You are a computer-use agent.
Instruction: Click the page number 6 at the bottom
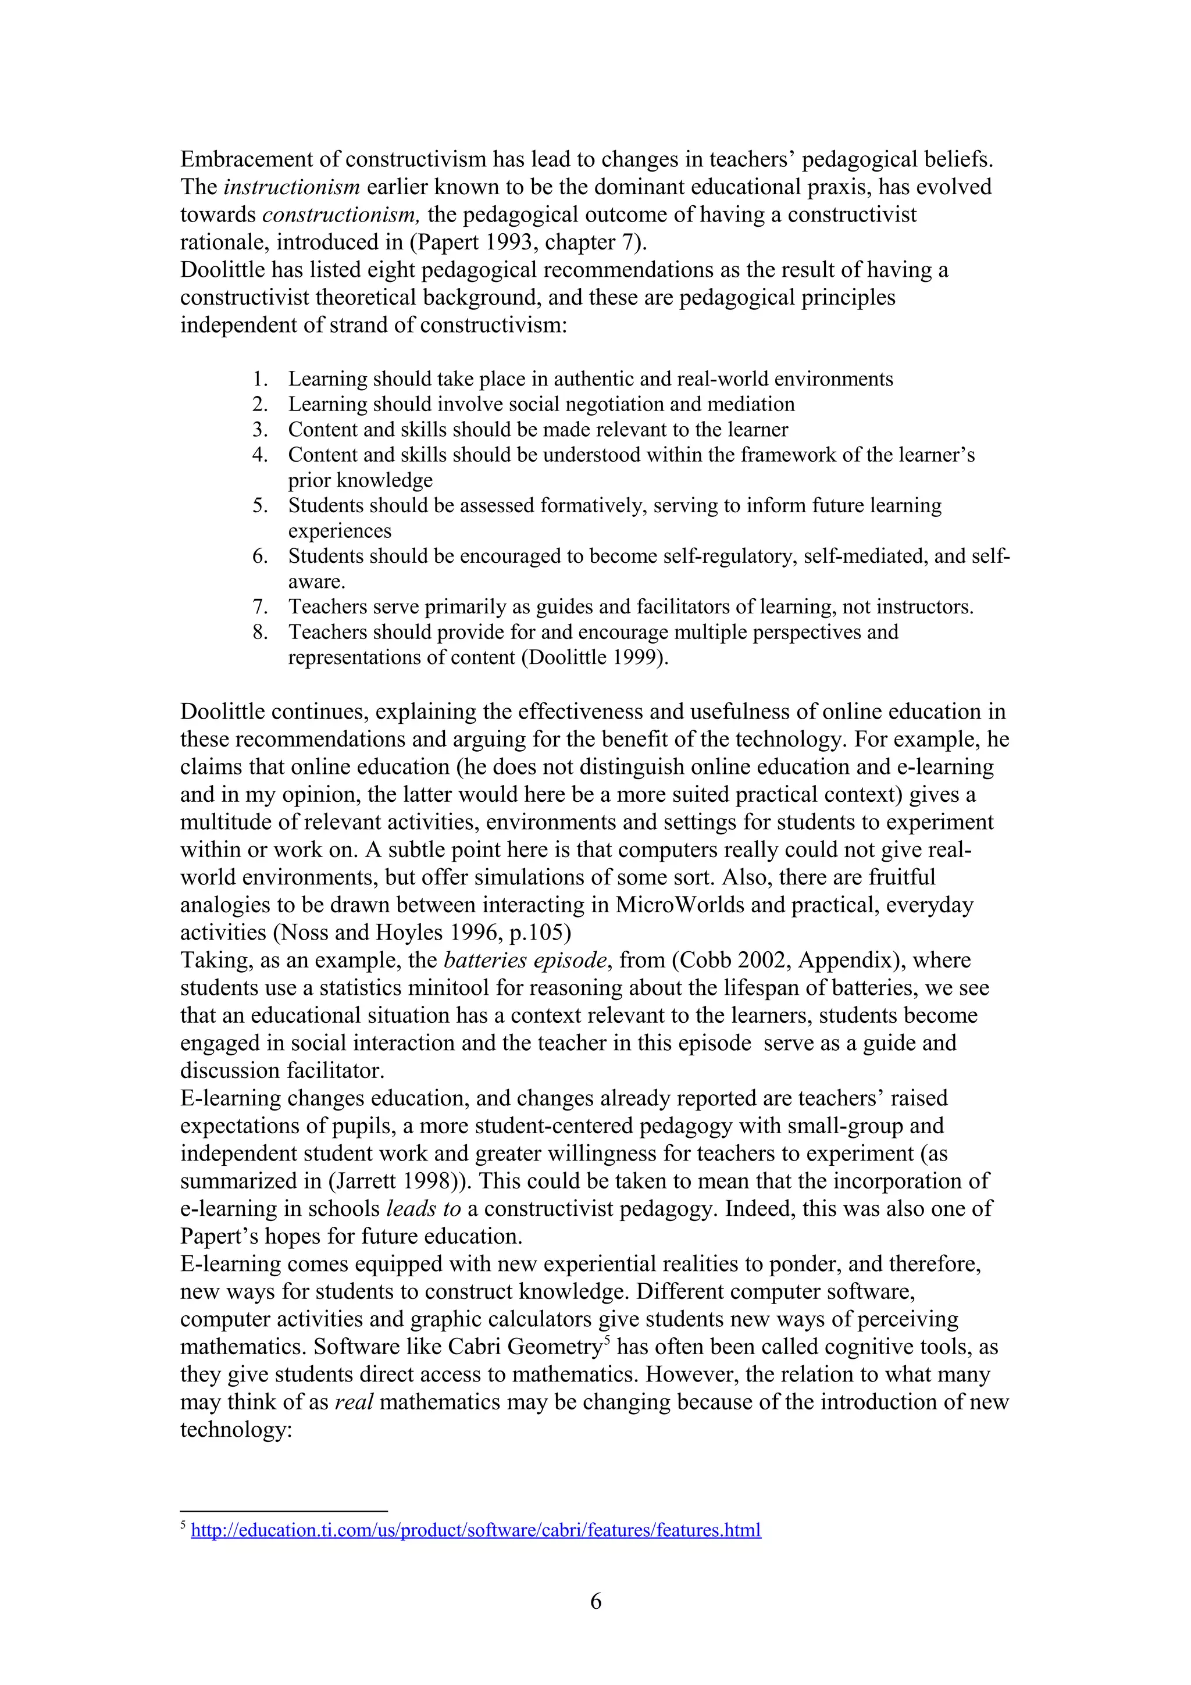[595, 1601]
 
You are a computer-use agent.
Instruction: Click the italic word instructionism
[291, 187]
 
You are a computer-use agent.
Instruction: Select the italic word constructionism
[341, 215]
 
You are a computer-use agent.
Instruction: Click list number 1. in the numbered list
[260, 380]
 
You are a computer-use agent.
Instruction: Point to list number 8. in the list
[260, 633]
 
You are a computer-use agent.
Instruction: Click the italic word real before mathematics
[354, 1402]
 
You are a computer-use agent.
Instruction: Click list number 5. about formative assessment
[260, 506]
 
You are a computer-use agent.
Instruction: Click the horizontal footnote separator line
[283, 1511]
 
